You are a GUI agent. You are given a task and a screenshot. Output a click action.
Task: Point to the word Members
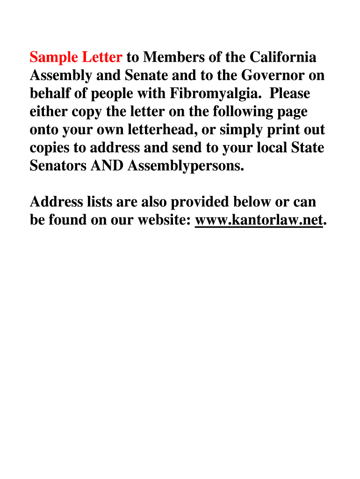173,58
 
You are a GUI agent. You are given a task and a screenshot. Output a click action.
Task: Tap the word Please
289,94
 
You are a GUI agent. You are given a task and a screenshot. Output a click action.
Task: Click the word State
307,148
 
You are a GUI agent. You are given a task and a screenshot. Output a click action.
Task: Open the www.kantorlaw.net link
259,220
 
